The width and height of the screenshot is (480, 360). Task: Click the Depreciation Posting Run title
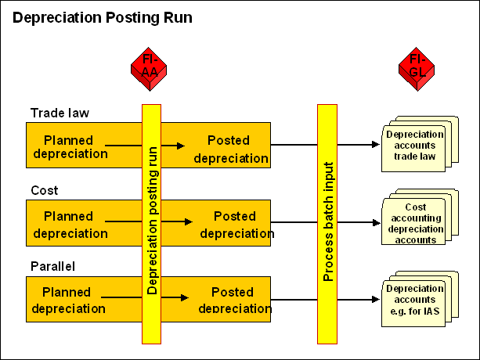coord(103,16)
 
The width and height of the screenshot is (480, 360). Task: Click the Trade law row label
coord(60,113)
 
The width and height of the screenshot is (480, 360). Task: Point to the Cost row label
coord(45,190)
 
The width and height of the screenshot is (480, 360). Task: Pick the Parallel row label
coord(53,266)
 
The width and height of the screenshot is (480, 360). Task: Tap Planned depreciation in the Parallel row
coord(67,299)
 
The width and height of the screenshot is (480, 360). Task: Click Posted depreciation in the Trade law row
coord(229,149)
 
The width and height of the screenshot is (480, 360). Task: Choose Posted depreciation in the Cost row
coord(234,225)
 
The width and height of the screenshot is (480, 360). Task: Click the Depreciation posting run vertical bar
coord(151,223)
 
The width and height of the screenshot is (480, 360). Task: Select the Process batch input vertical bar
coord(327,223)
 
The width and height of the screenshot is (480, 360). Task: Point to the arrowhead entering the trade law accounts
coord(374,145)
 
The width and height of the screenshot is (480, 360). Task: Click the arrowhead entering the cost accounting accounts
coord(374,221)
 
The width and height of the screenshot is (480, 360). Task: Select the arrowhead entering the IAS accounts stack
coord(374,298)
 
